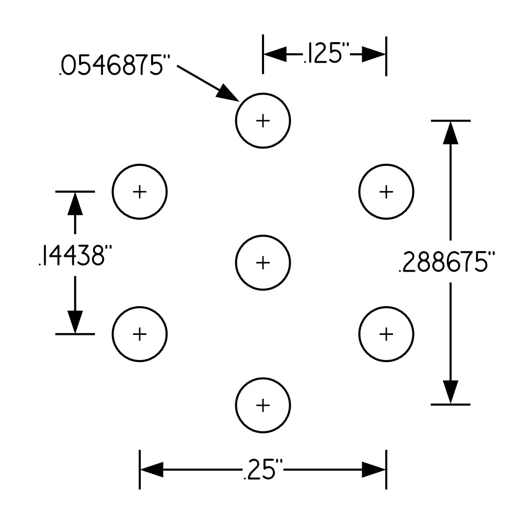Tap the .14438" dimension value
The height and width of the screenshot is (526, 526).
pos(75,255)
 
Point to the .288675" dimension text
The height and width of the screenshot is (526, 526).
pos(447,261)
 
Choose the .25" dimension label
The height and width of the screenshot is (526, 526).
pos(263,469)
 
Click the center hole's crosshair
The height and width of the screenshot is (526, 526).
pos(263,262)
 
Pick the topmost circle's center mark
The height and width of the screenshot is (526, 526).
pos(263,121)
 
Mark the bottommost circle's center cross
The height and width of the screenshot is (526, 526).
pos(263,405)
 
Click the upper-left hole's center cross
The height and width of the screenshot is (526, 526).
pos(140,192)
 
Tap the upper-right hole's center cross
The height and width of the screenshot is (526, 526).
pos(386,192)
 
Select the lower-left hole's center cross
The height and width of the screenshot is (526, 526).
pos(140,334)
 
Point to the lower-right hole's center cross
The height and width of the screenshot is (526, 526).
pos(386,334)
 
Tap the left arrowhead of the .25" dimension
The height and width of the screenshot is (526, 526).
pos(152,469)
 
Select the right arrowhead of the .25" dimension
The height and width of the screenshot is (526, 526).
pos(374,469)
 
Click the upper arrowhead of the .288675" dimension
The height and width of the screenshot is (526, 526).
pos(450,133)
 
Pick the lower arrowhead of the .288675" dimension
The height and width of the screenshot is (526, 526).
pos(450,392)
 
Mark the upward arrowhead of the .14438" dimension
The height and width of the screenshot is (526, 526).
pos(75,204)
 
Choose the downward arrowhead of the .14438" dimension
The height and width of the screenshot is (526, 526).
pos(75,322)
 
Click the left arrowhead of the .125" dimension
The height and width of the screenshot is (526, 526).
pos(275,54)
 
